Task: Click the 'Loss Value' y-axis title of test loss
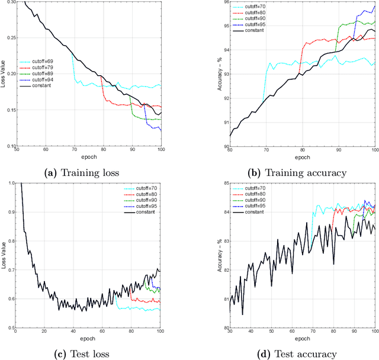(x=4, y=255)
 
